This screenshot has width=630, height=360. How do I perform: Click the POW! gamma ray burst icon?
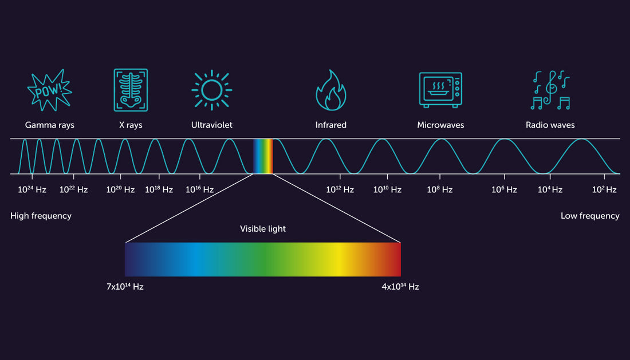50,90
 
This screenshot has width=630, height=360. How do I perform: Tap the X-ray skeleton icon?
131,90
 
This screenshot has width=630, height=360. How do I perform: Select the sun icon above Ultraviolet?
211,90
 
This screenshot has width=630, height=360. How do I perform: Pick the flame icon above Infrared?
331,90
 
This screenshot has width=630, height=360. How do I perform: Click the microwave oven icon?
440,90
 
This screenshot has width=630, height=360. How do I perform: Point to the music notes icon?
550,90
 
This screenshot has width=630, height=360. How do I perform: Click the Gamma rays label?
50,125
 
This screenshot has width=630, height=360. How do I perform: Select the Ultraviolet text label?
212,125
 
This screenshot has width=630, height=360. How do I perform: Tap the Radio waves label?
550,125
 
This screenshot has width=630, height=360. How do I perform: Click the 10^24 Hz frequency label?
32,189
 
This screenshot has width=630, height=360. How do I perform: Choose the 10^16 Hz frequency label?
199,189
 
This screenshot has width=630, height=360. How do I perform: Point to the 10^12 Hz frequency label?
340,189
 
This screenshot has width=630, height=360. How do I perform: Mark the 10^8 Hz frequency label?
440,189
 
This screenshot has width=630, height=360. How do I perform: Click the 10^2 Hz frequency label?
604,189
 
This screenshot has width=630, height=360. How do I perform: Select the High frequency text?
41,216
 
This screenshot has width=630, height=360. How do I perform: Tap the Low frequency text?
590,216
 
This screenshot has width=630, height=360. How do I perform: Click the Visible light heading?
263,229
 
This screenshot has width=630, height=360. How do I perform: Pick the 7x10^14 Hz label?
125,286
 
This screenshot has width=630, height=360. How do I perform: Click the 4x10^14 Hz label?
400,286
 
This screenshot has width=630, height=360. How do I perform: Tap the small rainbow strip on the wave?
263,156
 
